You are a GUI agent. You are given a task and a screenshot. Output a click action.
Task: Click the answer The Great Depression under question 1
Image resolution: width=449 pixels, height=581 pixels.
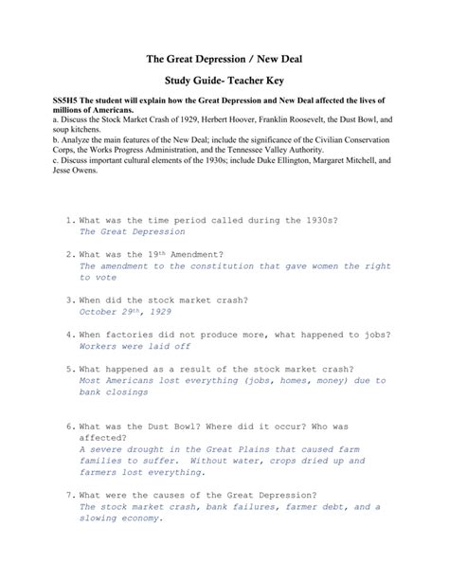click(132, 231)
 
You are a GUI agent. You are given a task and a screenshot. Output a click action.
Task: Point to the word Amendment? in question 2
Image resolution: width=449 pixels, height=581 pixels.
click(199, 255)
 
